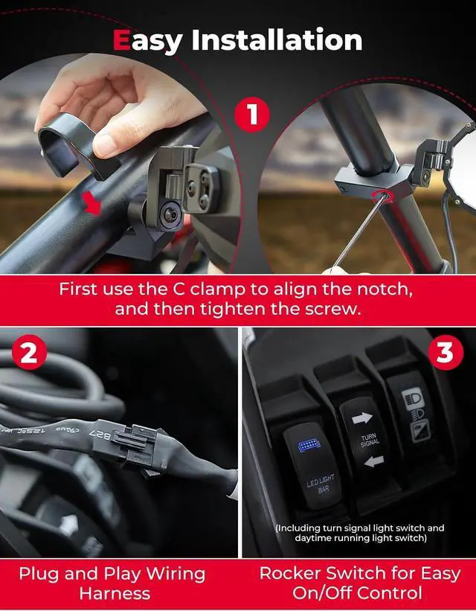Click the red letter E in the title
click(x=123, y=40)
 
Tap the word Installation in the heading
click(x=277, y=40)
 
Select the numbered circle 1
click(x=252, y=115)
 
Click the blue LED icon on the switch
click(x=306, y=445)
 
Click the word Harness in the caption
click(x=115, y=594)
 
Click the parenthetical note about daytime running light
click(x=360, y=533)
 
